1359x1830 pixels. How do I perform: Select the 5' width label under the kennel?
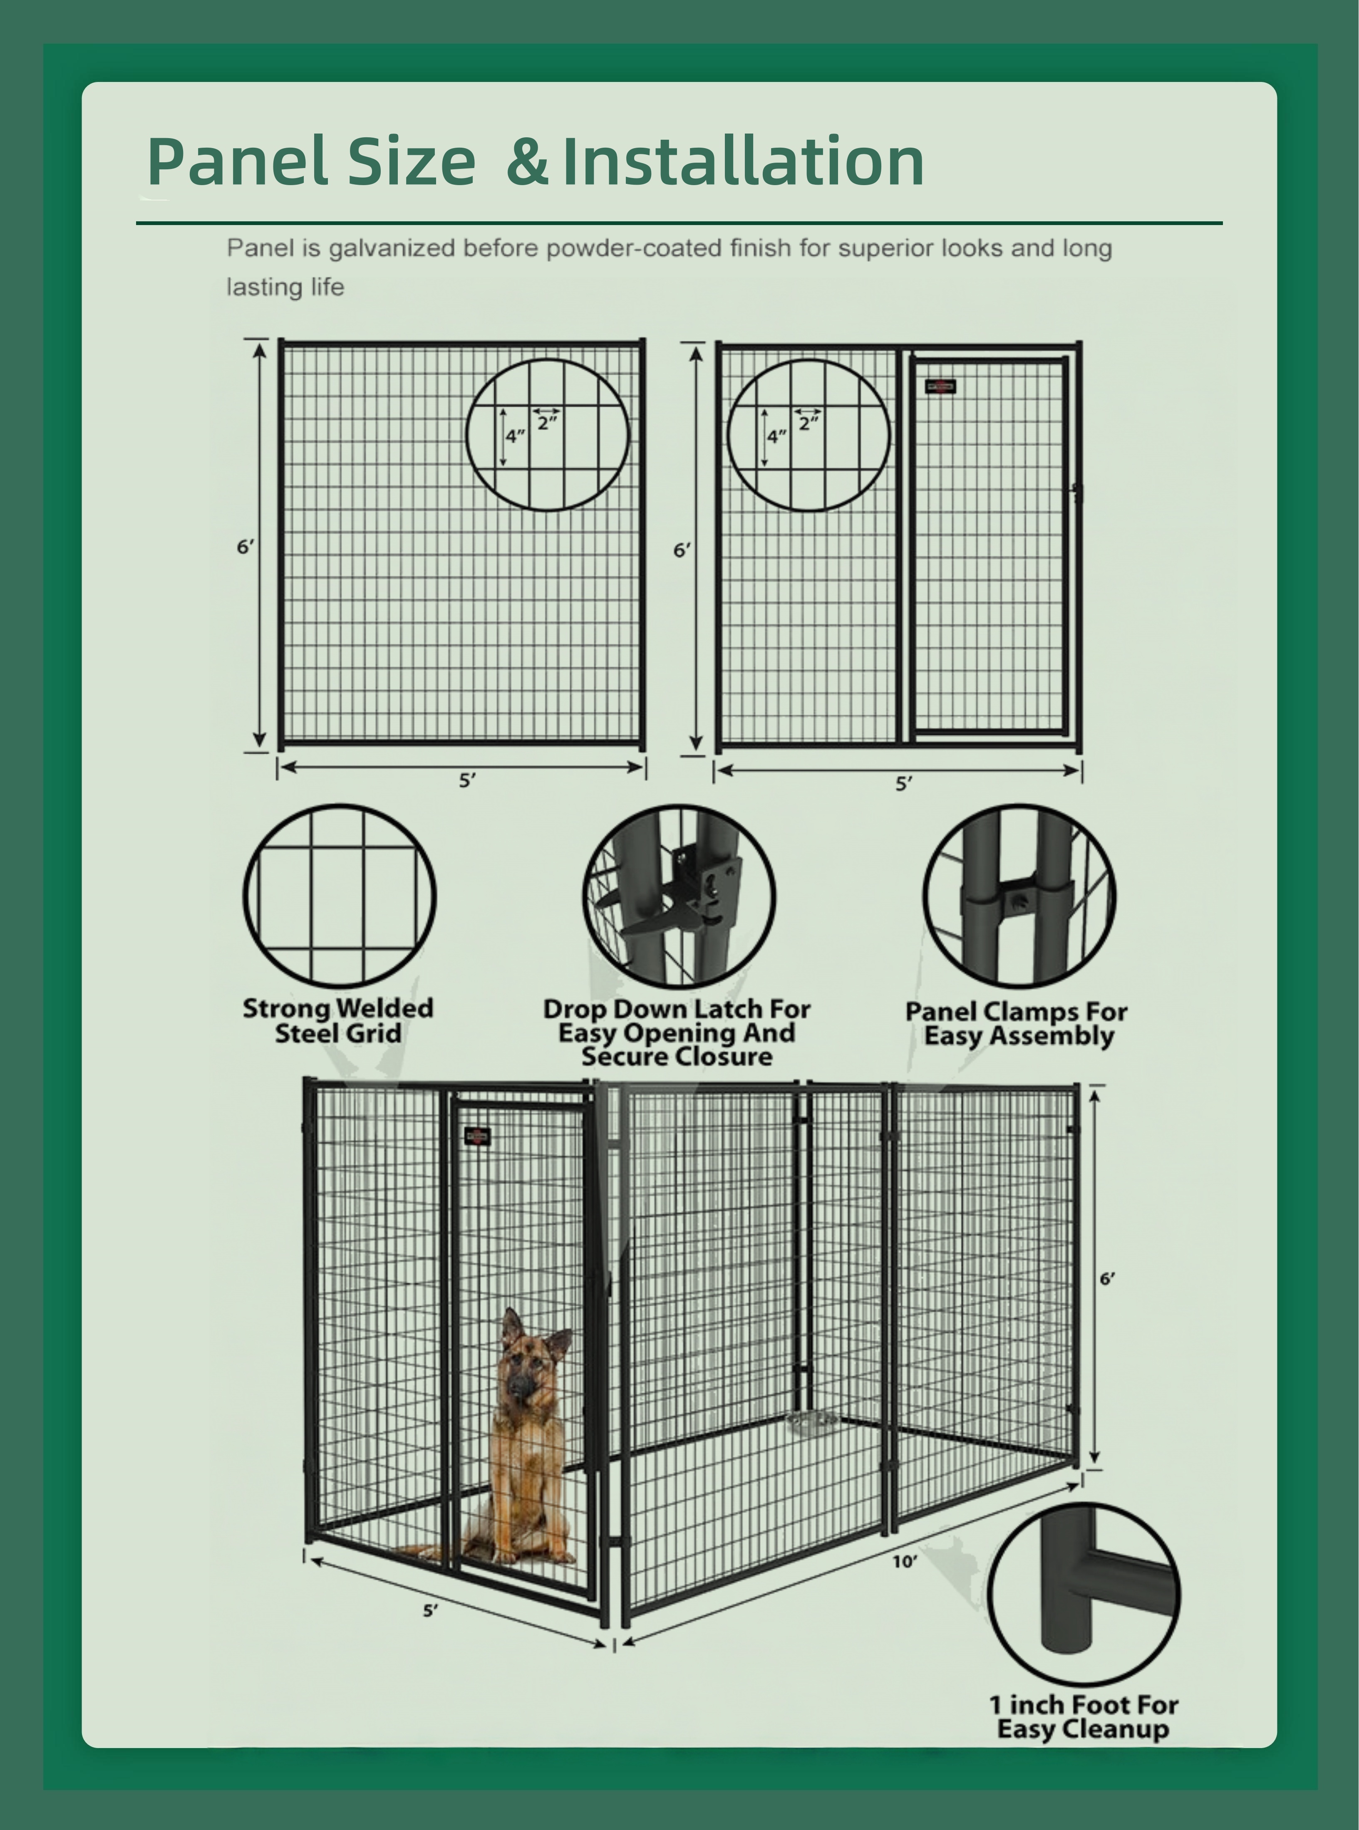click(430, 1610)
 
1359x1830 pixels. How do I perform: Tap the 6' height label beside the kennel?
click(1107, 1279)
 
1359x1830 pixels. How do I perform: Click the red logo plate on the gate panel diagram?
click(940, 386)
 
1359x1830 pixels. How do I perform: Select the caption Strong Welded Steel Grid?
click(338, 1021)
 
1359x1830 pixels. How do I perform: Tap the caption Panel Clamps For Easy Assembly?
click(1017, 1023)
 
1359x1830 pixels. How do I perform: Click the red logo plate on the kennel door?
click(477, 1137)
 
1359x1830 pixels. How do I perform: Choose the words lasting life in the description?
click(285, 287)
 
